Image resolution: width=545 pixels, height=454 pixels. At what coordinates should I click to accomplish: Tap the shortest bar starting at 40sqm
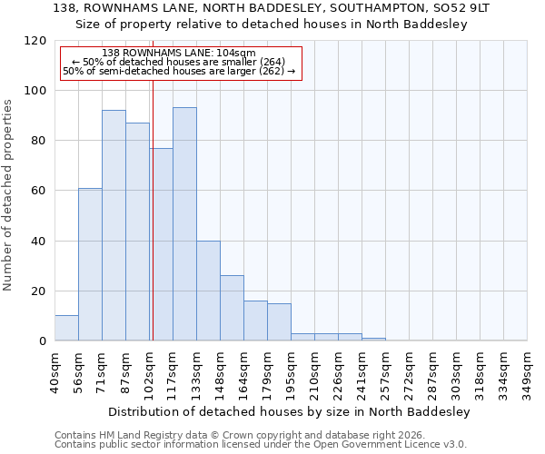66,328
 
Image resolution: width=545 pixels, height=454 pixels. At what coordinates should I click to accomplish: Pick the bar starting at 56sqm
90,264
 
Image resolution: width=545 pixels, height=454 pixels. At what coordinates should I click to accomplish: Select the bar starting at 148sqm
232,308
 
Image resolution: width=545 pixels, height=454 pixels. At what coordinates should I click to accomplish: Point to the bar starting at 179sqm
279,322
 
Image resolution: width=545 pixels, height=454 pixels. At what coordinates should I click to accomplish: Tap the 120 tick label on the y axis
35,41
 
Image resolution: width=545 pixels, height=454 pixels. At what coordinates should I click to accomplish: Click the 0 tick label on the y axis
43,340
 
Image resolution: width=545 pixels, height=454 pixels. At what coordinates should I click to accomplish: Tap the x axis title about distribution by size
288,411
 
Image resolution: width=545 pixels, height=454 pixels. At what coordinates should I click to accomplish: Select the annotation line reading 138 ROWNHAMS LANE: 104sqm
179,54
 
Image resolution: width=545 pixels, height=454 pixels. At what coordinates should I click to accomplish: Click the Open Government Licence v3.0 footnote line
261,444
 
